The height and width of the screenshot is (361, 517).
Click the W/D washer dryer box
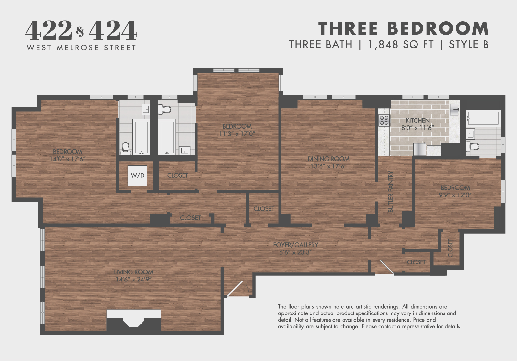click(x=137, y=175)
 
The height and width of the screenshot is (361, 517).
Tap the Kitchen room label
click(x=417, y=120)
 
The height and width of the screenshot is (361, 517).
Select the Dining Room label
click(x=328, y=159)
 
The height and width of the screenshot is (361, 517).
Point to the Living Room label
click(x=133, y=272)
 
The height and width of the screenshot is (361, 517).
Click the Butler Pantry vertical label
click(x=391, y=192)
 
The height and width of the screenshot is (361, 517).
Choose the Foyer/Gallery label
click(x=295, y=245)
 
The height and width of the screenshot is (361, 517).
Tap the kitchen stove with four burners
click(x=384, y=120)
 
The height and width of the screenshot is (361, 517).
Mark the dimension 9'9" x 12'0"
click(x=455, y=195)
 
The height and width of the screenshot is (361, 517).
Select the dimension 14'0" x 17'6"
click(x=67, y=159)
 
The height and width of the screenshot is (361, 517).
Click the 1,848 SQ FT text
click(x=401, y=45)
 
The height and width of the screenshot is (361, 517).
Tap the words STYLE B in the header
click(x=469, y=45)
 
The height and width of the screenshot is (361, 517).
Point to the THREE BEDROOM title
click(x=403, y=28)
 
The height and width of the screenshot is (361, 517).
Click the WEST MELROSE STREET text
click(x=81, y=48)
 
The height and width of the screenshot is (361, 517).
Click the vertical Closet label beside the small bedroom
click(x=450, y=248)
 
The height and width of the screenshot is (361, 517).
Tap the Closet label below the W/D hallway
click(x=190, y=218)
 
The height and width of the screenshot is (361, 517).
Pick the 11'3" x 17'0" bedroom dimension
click(x=237, y=134)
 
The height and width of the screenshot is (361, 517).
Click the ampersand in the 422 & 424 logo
click(x=80, y=31)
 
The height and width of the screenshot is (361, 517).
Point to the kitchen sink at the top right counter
click(x=455, y=108)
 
